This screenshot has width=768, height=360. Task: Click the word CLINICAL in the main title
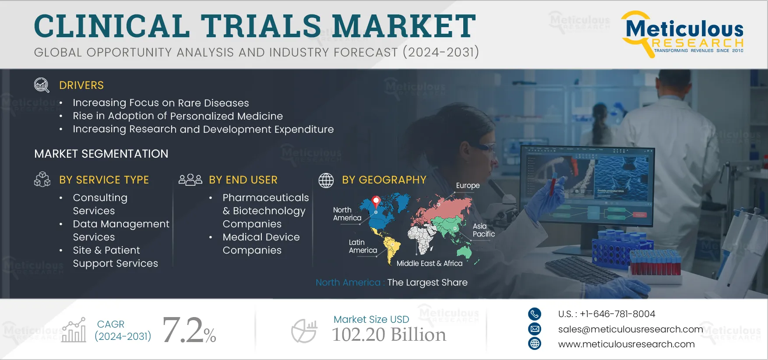click(x=112, y=26)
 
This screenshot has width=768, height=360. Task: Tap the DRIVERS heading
click(x=81, y=85)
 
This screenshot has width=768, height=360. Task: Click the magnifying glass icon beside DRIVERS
click(x=42, y=85)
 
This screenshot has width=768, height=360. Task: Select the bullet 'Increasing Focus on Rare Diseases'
click(x=161, y=103)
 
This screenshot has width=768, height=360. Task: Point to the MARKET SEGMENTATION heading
click(x=101, y=154)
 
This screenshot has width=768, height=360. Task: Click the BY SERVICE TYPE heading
click(x=104, y=180)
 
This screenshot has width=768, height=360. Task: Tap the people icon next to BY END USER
click(x=190, y=180)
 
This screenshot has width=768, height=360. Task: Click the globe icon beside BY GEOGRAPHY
click(x=326, y=180)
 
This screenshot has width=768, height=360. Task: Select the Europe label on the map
click(x=468, y=186)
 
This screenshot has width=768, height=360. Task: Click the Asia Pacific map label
click(x=484, y=230)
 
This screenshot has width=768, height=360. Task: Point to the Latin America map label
click(x=363, y=246)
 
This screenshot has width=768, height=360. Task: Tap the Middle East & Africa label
click(x=430, y=263)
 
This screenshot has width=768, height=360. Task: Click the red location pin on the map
click(x=376, y=201)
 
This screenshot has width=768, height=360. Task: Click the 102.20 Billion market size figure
click(x=389, y=335)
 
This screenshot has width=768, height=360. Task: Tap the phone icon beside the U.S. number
click(x=535, y=314)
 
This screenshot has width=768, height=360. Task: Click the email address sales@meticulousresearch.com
click(x=631, y=329)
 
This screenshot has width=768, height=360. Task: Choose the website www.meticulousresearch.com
click(x=627, y=344)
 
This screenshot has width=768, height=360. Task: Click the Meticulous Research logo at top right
click(x=682, y=34)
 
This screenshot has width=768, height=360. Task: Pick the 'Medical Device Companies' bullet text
click(x=261, y=244)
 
